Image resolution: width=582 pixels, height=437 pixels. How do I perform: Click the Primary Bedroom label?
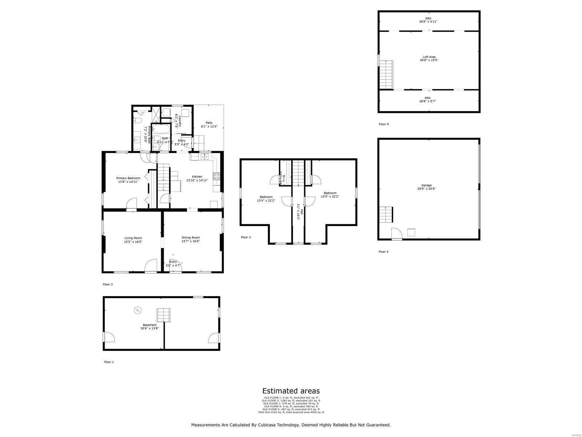(x=128, y=178)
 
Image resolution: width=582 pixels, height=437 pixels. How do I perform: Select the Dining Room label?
(x=191, y=238)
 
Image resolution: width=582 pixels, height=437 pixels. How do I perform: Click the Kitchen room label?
(x=197, y=177)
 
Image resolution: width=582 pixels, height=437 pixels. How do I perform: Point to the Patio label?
(x=209, y=123)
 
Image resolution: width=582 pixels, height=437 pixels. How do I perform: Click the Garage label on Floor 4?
(x=426, y=185)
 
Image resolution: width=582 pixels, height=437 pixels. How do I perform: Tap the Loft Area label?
(x=429, y=57)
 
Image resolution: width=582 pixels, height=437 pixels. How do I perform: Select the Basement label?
(x=150, y=325)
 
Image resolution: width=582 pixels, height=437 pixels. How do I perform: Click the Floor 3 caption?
(x=246, y=237)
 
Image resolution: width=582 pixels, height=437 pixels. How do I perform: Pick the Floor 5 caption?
(x=384, y=124)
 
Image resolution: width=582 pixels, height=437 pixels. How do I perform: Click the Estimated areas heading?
(x=291, y=391)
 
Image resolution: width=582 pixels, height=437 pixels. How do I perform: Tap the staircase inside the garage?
(x=386, y=215)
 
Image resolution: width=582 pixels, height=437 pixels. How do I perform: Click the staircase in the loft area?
(x=386, y=75)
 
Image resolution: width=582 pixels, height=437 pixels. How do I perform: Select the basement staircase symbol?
(x=164, y=315)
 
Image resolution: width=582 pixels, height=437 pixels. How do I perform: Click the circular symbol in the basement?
(x=138, y=310)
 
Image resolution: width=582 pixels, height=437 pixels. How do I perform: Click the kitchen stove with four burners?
(x=216, y=176)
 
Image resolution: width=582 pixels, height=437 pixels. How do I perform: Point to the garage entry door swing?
(x=396, y=233)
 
